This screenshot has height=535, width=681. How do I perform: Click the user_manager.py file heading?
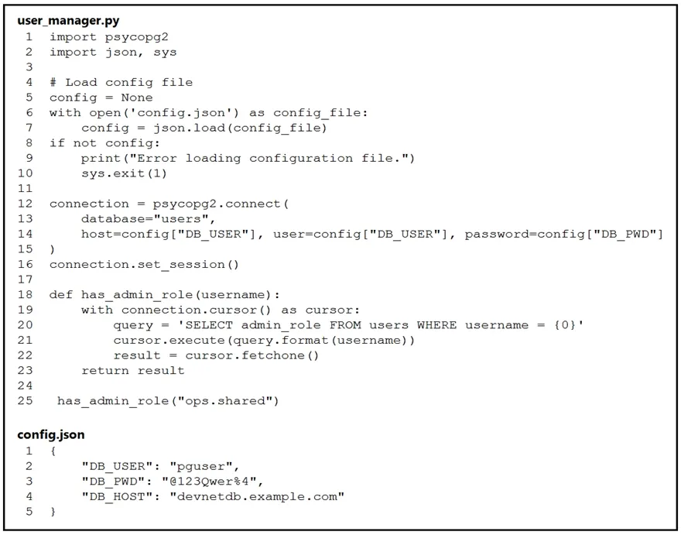tap(68, 21)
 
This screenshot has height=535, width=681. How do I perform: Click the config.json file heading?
tap(51, 434)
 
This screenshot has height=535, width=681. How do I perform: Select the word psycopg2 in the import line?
tap(137, 37)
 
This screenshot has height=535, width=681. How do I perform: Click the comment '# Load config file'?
tap(121, 83)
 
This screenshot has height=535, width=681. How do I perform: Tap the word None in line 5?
tap(137, 98)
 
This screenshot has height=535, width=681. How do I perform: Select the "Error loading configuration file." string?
tap(269, 158)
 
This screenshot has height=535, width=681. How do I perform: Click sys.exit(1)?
tap(125, 173)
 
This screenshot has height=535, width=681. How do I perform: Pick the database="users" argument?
tap(148, 219)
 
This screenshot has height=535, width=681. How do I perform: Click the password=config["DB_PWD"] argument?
tap(563, 235)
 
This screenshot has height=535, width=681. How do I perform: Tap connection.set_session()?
tap(144, 265)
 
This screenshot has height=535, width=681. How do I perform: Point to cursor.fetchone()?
tap(252, 355)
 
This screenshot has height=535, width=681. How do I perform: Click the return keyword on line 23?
tap(105, 371)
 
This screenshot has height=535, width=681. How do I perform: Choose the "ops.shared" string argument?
tap(224, 401)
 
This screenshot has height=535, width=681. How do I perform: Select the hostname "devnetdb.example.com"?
tap(257, 497)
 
